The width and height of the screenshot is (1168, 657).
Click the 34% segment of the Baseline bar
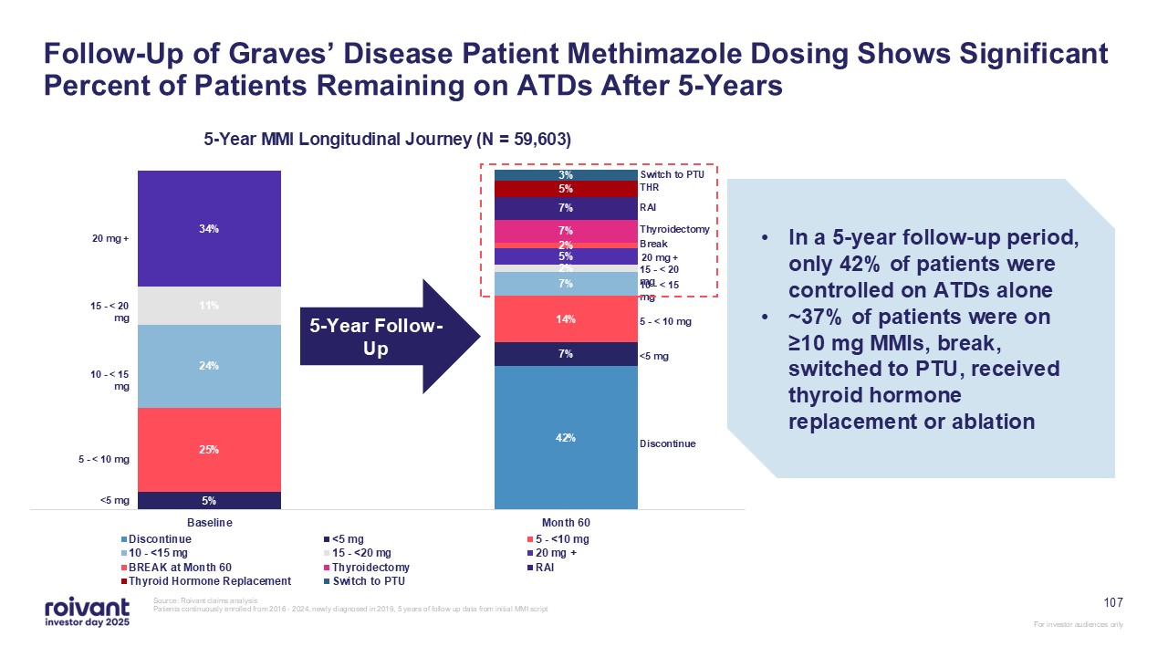click(x=209, y=228)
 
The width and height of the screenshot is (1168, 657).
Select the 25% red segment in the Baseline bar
click(x=209, y=449)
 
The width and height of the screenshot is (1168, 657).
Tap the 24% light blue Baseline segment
click(x=209, y=366)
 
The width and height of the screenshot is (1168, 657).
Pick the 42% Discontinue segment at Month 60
click(x=565, y=437)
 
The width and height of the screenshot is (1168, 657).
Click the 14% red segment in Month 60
click(x=565, y=319)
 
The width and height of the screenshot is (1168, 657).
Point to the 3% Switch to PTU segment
click(x=565, y=174)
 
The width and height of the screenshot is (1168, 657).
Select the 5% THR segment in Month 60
click(x=565, y=189)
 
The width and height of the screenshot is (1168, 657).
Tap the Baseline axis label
click(x=210, y=523)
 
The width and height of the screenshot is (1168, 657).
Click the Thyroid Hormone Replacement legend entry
click(x=209, y=580)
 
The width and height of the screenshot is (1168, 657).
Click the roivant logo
click(x=87, y=610)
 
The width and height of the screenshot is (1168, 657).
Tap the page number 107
click(x=1112, y=602)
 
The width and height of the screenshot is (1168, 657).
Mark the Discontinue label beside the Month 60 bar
click(x=667, y=443)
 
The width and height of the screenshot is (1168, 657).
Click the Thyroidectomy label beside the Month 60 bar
click(x=674, y=230)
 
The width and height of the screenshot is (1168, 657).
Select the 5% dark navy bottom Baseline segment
click(x=209, y=500)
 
